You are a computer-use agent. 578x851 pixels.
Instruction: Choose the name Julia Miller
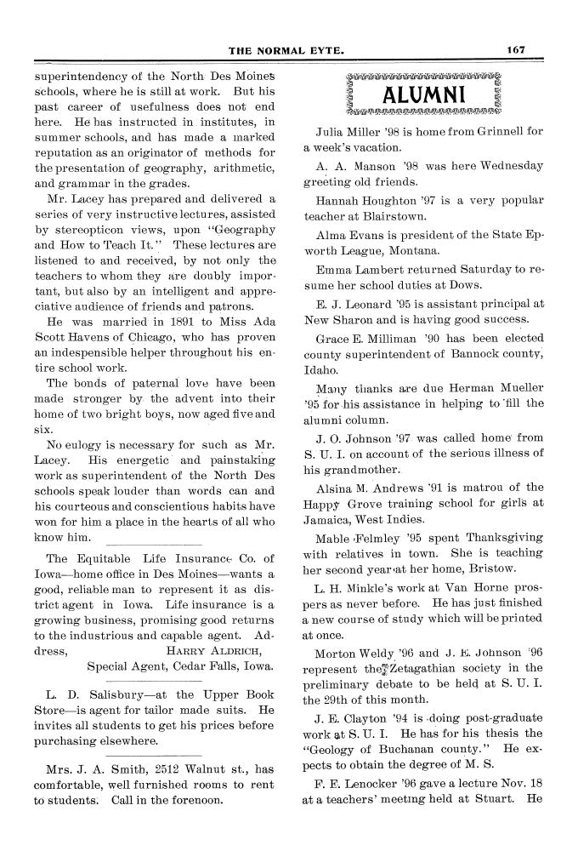click(350, 133)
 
